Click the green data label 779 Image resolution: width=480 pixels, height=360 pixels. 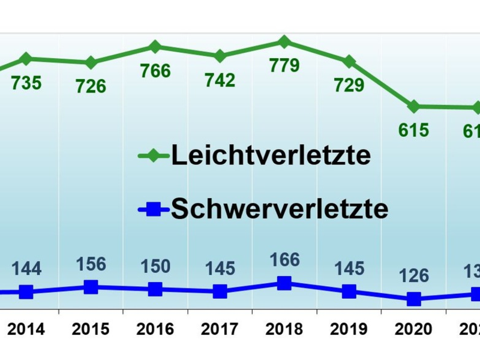pos(284,65)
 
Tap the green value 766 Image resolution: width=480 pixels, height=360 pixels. pos(155,71)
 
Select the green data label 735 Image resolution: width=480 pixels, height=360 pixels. pos(26,82)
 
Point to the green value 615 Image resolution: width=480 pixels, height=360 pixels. pos(413,130)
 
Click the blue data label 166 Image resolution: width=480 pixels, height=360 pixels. pos(284,261)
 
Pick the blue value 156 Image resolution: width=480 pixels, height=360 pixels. pos(91,264)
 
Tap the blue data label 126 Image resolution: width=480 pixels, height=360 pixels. pos(413,275)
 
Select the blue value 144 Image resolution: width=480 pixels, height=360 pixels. pos(26,268)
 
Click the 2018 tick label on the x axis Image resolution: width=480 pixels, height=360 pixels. pos(284,329)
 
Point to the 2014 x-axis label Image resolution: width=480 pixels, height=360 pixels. pos(26,329)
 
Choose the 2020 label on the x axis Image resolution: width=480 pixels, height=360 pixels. pos(413,329)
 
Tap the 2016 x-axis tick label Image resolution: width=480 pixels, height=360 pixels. pos(155,329)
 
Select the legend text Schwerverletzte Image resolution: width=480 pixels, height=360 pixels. pos(280,209)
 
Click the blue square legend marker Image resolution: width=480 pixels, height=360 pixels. pos(154,209)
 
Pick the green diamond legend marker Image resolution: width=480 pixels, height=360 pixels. pos(154,156)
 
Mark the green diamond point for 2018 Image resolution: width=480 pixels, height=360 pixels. pos(284,41)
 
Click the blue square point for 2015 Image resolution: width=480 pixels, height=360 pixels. pos(91,287)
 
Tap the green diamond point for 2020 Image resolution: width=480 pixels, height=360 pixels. pos(413,107)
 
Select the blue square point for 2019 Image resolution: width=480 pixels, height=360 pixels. pos(349,292)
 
